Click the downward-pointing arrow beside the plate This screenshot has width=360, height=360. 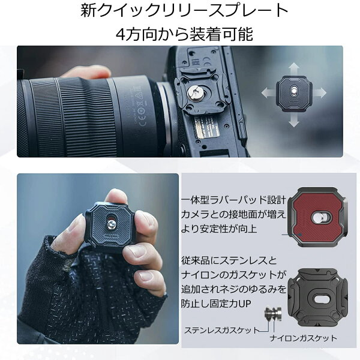tap(293, 119)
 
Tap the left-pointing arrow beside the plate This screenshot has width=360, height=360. tap(269, 93)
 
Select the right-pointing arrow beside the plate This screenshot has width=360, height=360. tap(319, 93)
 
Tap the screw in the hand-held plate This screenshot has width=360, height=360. tap(112, 224)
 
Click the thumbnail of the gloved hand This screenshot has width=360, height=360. tap(98, 259)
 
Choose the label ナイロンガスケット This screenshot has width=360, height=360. tap(303, 338)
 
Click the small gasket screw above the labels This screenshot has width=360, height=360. tap(273, 314)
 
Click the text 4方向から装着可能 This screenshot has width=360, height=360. tap(184, 34)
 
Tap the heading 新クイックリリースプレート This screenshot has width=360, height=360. tap(184, 10)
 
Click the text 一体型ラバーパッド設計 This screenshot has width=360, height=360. tap(234, 200)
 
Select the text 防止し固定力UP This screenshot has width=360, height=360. tap(216, 304)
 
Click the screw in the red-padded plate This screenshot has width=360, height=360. tap(322, 217)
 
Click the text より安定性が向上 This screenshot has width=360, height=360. tap(219, 229)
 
